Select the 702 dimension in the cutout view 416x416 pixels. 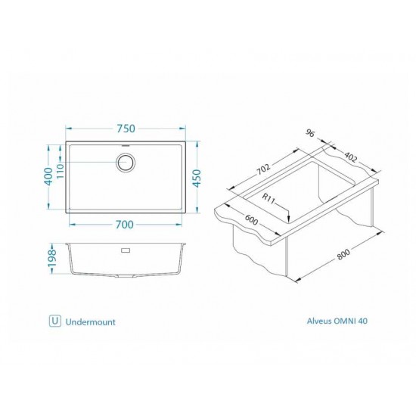coord(264,169)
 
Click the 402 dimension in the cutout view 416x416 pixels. coord(349,158)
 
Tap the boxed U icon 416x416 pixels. coord(54,321)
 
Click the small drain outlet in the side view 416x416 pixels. coord(126,247)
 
